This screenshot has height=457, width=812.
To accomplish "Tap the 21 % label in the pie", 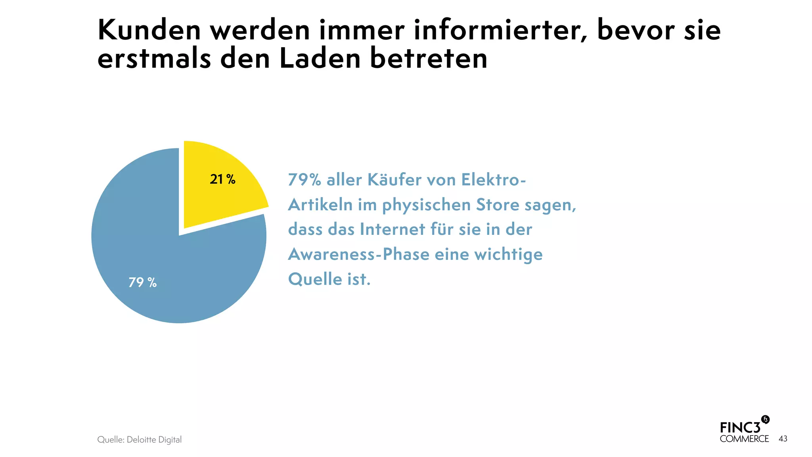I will pos(222,180).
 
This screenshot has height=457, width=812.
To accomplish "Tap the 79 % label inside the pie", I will pos(142,282).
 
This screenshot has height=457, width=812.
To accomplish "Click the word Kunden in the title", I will pos(149,30).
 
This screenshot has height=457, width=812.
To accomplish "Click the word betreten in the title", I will pos(429,59).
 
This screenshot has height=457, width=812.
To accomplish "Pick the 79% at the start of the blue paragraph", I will pos(304,180).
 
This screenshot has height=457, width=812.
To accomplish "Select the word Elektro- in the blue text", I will pos(494,180).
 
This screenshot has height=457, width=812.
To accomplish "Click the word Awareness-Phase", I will pos(358,254).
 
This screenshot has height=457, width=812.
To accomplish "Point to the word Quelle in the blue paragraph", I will pos(315,279).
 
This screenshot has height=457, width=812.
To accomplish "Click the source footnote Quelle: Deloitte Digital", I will pos(139,440).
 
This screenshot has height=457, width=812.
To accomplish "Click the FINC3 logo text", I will pos(740,428).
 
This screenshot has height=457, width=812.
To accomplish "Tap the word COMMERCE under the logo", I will pos(744,439).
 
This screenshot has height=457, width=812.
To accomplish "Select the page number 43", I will pos(783,439).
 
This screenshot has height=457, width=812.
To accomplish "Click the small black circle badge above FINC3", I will pos(765,420).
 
